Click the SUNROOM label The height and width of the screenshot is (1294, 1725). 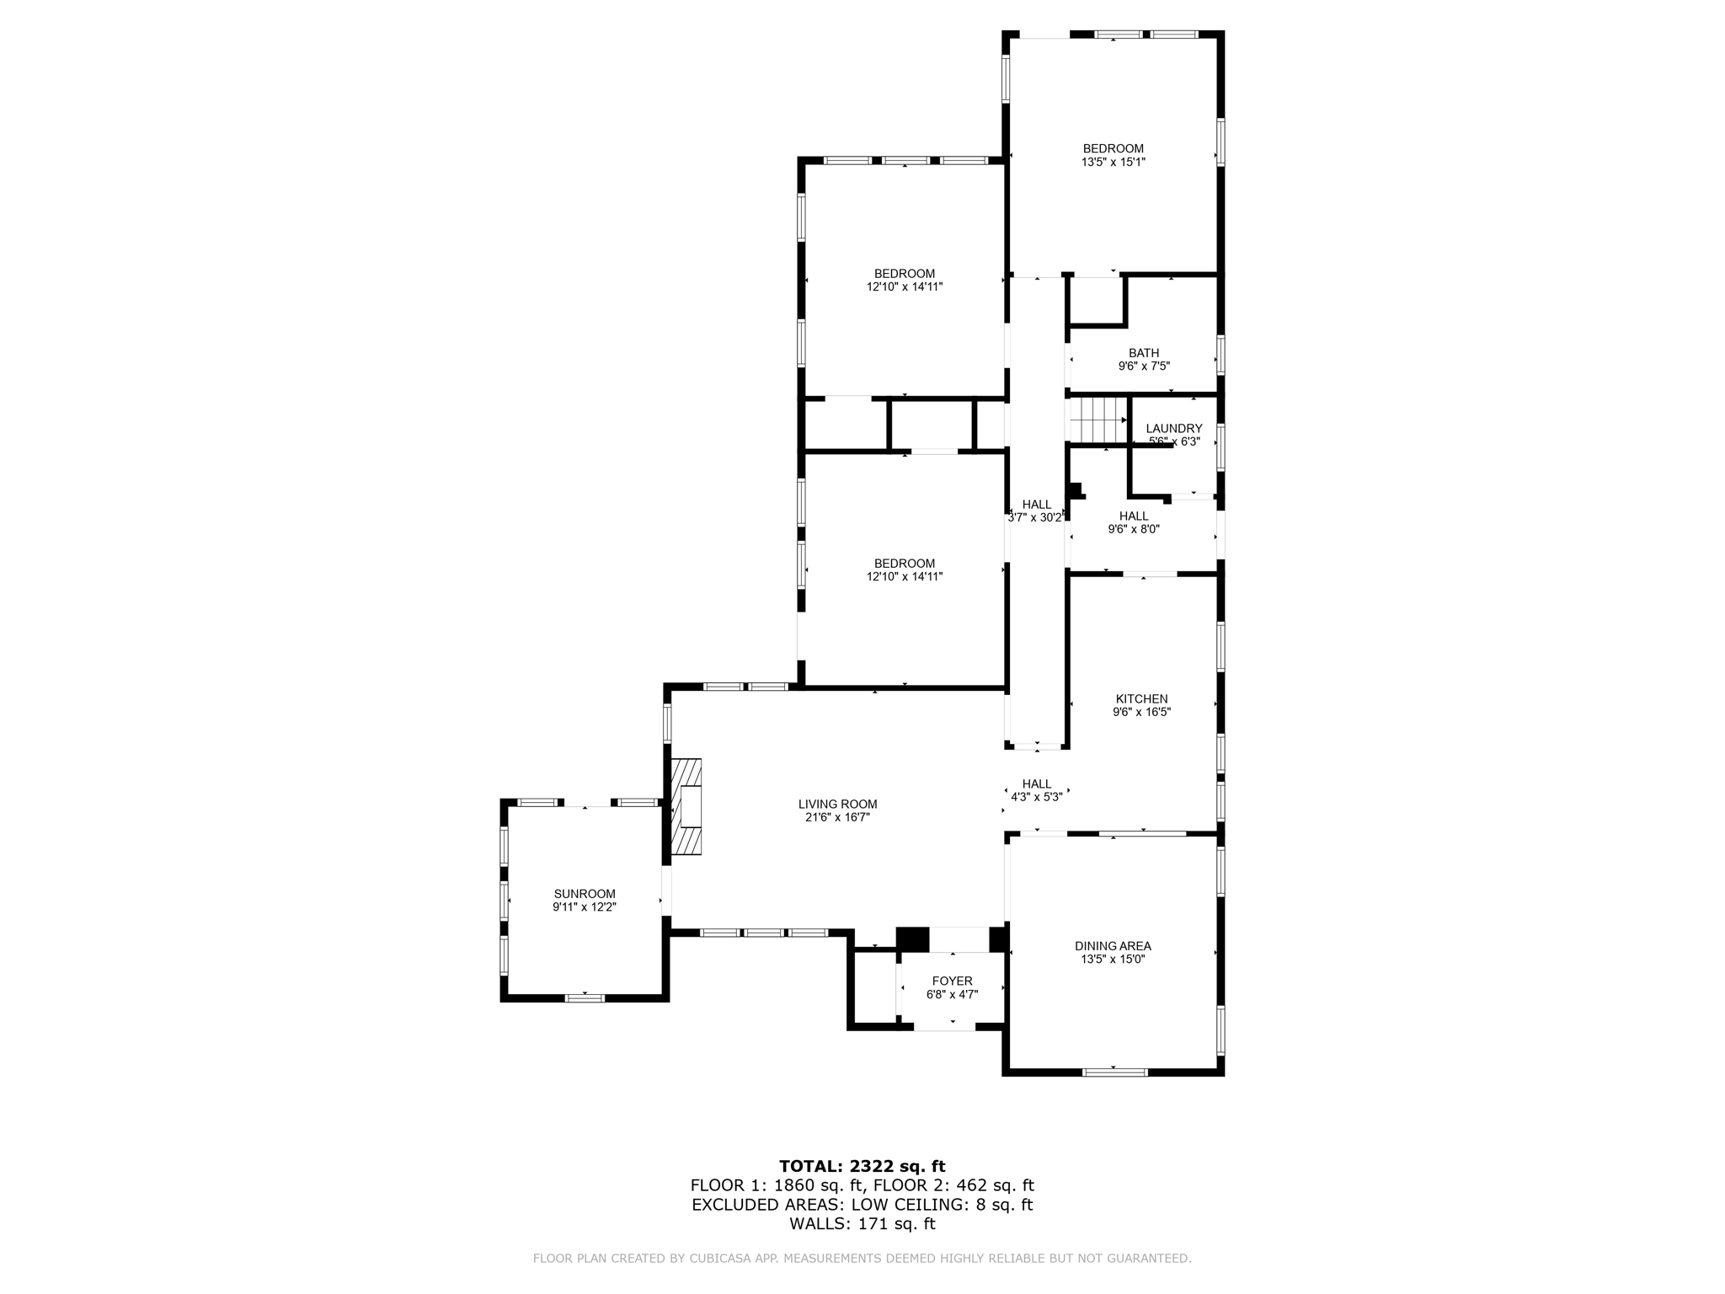[x=585, y=894]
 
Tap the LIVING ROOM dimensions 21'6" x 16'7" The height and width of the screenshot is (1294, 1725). [x=837, y=817]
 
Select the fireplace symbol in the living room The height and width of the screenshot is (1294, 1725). [x=686, y=807]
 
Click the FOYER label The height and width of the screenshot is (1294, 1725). [x=952, y=981]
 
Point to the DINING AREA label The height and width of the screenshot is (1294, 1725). [x=1113, y=946]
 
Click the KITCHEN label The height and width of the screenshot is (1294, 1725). [x=1141, y=698]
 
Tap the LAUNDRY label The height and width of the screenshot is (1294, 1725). [x=1173, y=428]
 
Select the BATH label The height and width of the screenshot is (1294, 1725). [x=1143, y=353]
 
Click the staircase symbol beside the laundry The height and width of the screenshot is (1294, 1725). [x=1097, y=420]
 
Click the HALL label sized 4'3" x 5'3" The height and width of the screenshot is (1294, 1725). [x=1036, y=783]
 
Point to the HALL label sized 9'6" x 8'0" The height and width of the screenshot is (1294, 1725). [x=1133, y=516]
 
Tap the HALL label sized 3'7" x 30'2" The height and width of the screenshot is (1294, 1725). [x=1036, y=505]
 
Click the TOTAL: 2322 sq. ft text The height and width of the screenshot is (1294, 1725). [x=862, y=1166]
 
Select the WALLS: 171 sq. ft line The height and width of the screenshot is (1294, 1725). [x=862, y=1224]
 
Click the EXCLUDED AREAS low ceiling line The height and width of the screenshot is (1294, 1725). [x=862, y=1205]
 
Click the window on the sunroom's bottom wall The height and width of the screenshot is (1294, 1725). [x=585, y=998]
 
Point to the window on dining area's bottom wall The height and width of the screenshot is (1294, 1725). [x=1114, y=1072]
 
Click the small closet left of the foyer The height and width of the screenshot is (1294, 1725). [x=875, y=988]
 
